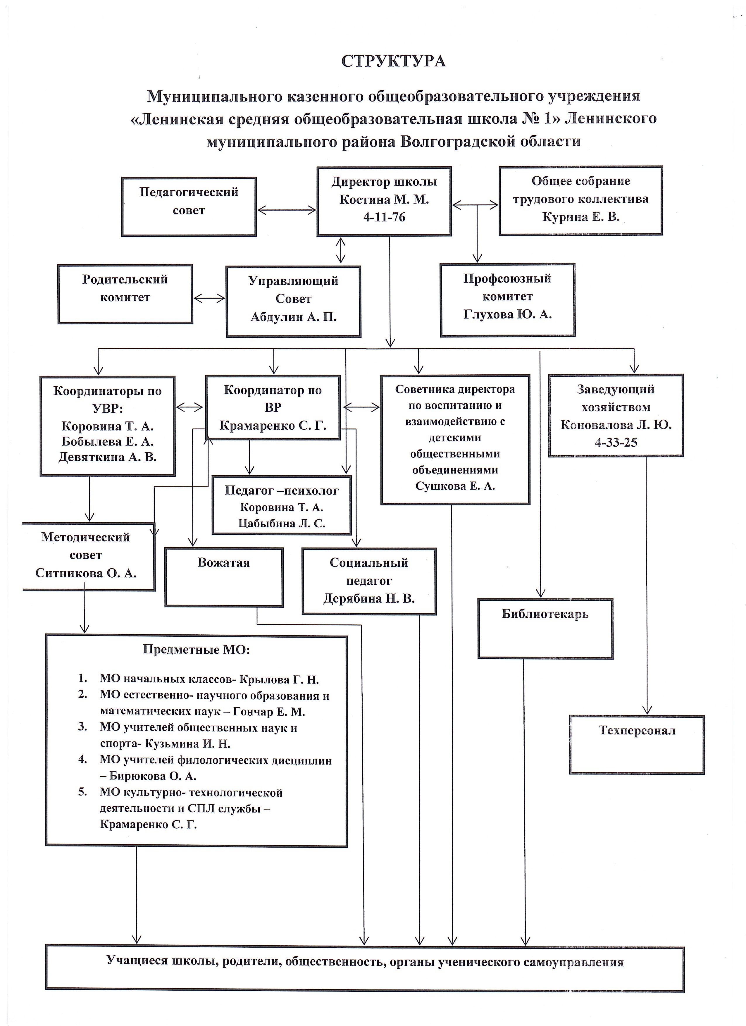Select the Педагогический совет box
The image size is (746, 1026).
pos(189,207)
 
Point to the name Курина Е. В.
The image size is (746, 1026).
pos(581,217)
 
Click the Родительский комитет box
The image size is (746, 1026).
pos(125,294)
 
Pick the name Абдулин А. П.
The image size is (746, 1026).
pos(294,317)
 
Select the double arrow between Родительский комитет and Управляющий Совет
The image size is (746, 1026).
pos(209,298)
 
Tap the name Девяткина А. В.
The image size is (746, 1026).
pos(108,457)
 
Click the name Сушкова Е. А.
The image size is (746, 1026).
pos(455,486)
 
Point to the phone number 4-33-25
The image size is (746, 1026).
pos(616,443)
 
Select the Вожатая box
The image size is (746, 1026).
pos(224,577)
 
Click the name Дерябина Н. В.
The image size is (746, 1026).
pos(369,598)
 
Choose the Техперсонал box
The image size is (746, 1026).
pos(637,745)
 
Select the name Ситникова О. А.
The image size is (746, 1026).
pos(86,573)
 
